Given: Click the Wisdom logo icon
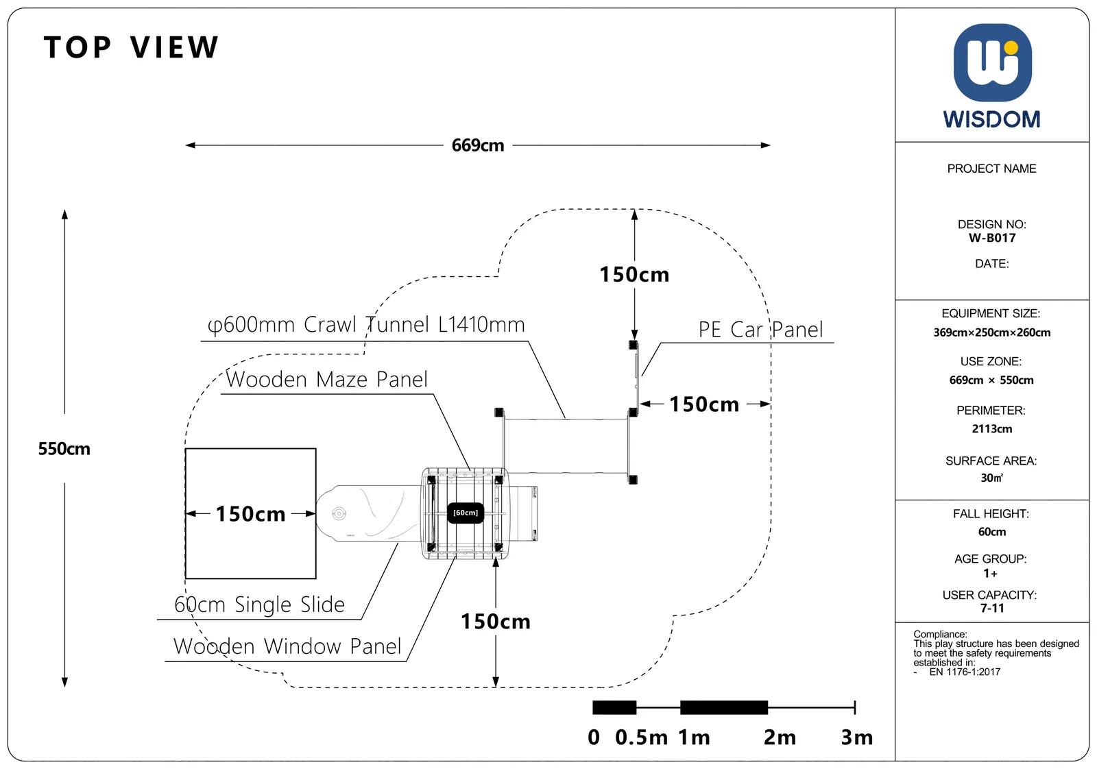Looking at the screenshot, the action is click(992, 62).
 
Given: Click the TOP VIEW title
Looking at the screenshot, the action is click(131, 47).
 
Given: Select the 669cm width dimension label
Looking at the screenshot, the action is click(477, 145).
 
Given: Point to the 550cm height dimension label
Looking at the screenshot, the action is click(64, 449).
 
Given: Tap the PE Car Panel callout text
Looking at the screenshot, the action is click(760, 330).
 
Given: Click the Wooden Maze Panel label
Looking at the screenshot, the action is click(326, 380).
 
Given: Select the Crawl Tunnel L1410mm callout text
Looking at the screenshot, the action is click(366, 325).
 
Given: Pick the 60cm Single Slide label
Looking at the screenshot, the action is click(260, 605).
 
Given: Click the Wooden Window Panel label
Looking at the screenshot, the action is click(287, 646).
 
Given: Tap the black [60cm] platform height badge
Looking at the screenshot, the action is click(466, 513).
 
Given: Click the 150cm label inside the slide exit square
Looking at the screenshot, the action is click(250, 514).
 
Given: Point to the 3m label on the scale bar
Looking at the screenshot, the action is click(856, 737).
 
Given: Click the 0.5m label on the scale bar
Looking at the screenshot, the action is click(641, 737).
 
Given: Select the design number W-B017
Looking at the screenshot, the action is click(992, 238).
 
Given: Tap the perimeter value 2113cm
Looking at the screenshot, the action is click(991, 429).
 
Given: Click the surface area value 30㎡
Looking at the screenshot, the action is click(991, 478).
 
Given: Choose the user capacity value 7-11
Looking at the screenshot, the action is click(991, 608).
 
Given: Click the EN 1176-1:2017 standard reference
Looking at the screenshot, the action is click(964, 672).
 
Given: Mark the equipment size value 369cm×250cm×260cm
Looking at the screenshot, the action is click(991, 333).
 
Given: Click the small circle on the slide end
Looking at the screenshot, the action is click(339, 513).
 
